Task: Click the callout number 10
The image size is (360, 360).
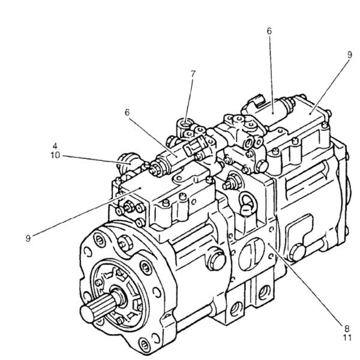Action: [x=55, y=154]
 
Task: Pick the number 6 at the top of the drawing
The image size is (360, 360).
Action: [x=269, y=29]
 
